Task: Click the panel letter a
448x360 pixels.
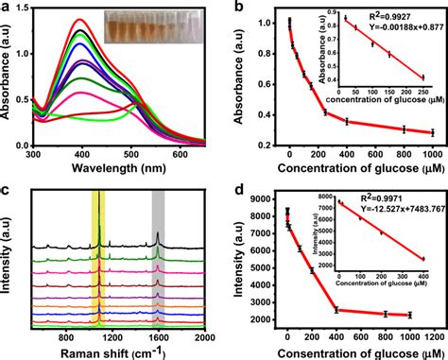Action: point(7,8)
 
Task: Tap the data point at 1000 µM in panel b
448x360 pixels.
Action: point(430,132)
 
